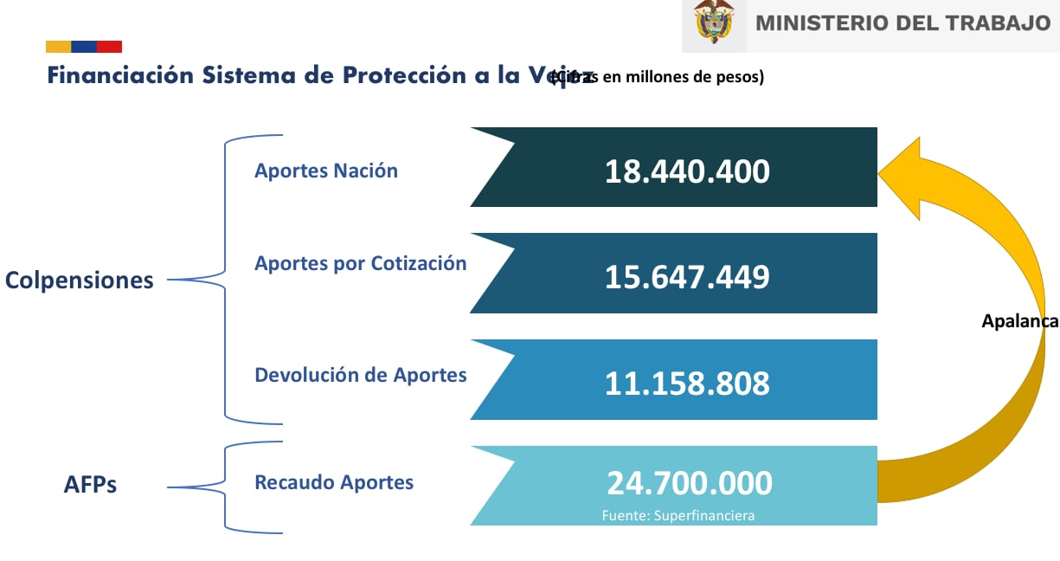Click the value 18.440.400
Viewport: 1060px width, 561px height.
pyautogui.click(x=686, y=171)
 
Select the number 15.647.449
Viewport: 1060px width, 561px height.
pyautogui.click(x=686, y=277)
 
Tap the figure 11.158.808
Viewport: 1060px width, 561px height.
pyautogui.click(x=686, y=383)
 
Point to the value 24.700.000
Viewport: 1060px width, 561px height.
pyautogui.click(x=689, y=483)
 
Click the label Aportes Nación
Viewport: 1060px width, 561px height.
pyautogui.click(x=325, y=171)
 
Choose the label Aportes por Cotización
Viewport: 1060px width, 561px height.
pyautogui.click(x=360, y=263)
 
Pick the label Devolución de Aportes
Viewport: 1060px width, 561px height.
pyautogui.click(x=360, y=375)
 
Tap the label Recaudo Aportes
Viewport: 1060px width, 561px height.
pyautogui.click(x=333, y=482)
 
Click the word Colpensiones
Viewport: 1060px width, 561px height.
pyautogui.click(x=79, y=280)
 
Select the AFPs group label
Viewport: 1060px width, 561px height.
pyautogui.click(x=90, y=486)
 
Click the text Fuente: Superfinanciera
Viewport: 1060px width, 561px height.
pyautogui.click(x=678, y=516)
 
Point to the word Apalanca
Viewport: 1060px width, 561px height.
pyautogui.click(x=1019, y=321)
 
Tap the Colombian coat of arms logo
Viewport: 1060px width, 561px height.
pyautogui.click(x=713, y=23)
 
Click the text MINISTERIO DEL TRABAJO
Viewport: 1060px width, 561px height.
pyautogui.click(x=903, y=23)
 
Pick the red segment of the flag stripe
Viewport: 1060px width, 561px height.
pyautogui.click(x=109, y=47)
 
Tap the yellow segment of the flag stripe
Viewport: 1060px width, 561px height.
pyautogui.click(x=58, y=47)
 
